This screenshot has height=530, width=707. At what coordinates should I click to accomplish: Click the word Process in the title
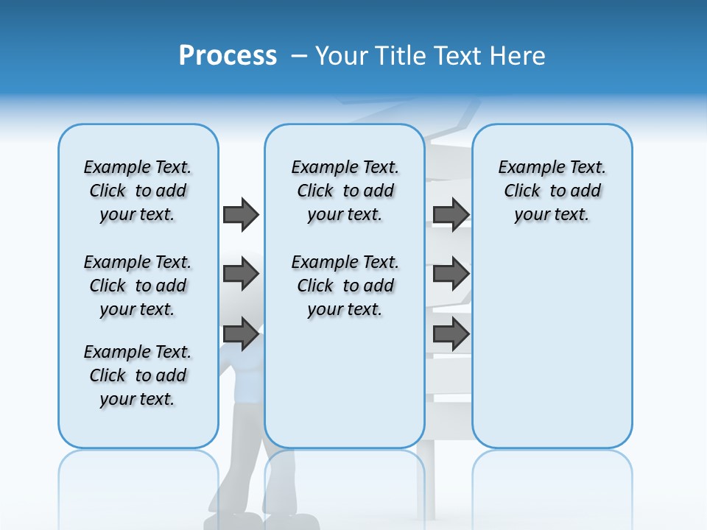pos(228,56)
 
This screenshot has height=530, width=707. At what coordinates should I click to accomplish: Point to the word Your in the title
pos(342,56)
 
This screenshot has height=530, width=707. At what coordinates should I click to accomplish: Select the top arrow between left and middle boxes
pos(241,214)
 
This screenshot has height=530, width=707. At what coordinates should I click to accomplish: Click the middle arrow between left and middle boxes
pos(241,274)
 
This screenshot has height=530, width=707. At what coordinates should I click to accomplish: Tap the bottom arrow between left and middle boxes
pos(241,333)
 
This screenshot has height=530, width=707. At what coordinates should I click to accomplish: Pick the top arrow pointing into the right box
pos(451,214)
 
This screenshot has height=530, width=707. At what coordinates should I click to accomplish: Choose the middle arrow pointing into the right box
pos(451,274)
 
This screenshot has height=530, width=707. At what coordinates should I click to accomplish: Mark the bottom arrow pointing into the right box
pos(451,333)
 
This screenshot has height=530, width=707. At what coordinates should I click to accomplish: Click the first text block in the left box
pos(138,191)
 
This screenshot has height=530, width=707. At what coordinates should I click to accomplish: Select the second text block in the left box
pos(138,286)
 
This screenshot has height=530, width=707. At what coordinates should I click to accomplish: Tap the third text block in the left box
pos(138,375)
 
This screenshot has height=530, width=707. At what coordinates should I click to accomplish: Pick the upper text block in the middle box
pos(345,191)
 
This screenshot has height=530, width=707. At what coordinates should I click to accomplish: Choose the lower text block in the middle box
pos(345,286)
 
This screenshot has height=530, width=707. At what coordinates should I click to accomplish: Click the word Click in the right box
pos(522,191)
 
